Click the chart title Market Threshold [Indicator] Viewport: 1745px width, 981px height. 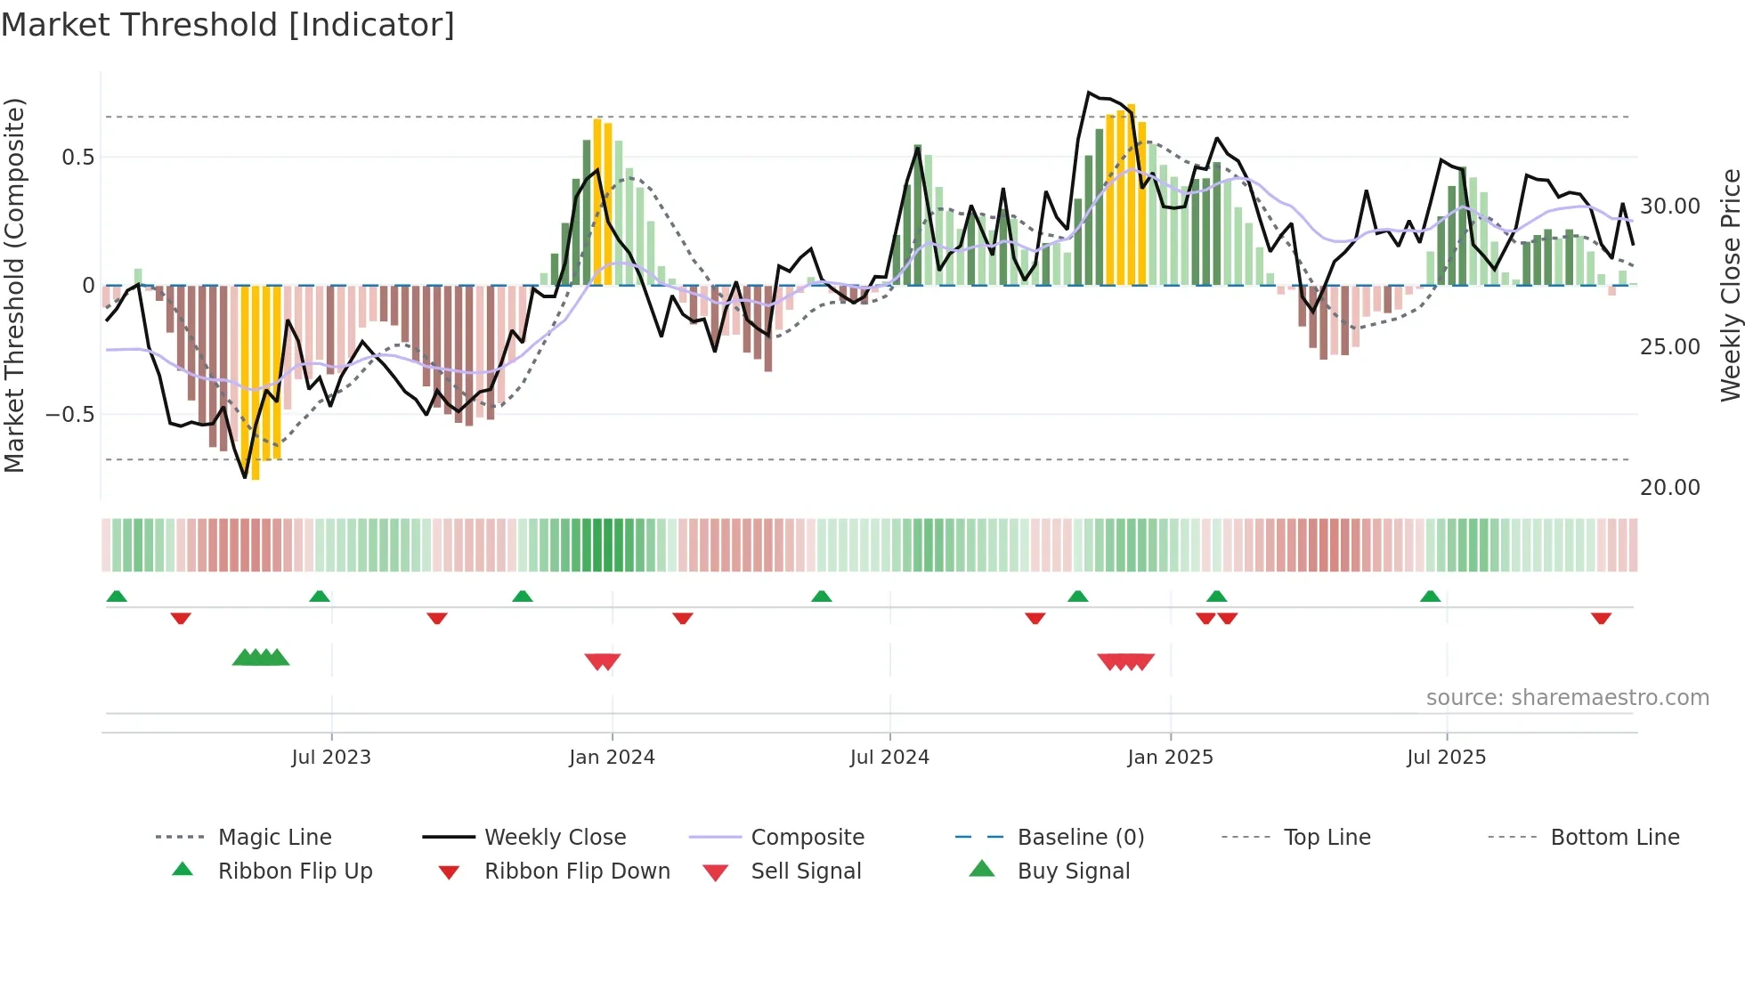click(228, 25)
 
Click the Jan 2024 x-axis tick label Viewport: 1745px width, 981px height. click(612, 758)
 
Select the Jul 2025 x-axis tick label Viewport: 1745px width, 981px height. click(1446, 758)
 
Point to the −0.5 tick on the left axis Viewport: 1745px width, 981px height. click(69, 415)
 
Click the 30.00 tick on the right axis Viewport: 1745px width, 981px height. click(1669, 207)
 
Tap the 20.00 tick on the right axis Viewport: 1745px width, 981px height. click(1669, 488)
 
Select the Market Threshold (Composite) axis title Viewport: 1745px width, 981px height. click(14, 285)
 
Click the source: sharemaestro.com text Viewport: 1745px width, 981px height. click(1567, 698)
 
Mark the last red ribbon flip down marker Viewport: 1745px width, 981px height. click(1601, 618)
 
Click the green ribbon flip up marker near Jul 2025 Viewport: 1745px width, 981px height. click(1430, 596)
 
